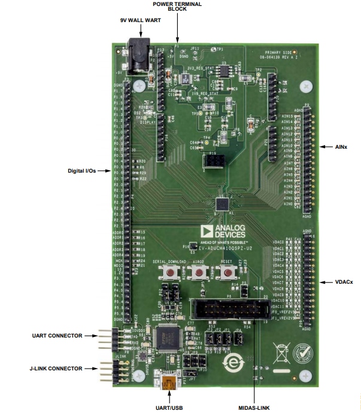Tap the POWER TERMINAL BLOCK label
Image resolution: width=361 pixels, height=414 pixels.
[x=177, y=7]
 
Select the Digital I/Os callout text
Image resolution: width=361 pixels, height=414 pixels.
[x=86, y=170]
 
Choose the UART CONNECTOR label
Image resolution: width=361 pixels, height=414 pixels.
[x=57, y=336]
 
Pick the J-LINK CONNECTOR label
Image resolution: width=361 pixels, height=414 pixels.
[x=57, y=369]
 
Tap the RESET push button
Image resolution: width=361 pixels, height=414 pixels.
[x=226, y=274]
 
